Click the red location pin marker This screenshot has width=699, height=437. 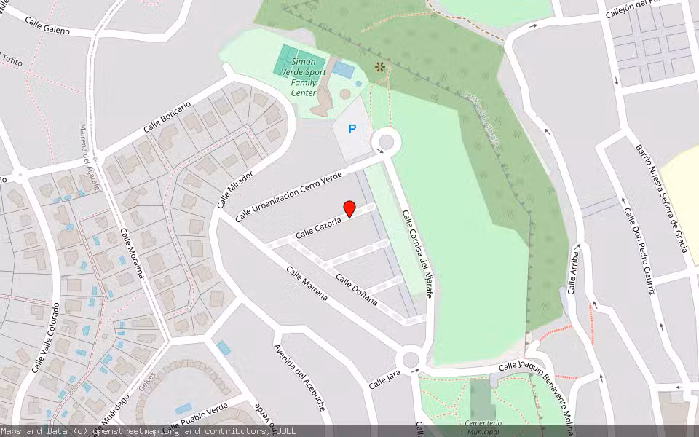[x=349, y=209]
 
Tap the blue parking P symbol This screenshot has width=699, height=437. [x=352, y=130]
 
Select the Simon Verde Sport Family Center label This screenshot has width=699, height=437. [x=304, y=77]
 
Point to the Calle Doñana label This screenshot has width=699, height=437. [x=356, y=289]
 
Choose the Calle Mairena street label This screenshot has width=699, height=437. [x=307, y=284]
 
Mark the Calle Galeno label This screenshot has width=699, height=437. [x=47, y=25]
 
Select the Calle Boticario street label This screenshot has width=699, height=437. [x=167, y=117]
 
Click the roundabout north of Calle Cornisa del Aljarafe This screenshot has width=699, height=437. [x=386, y=141]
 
